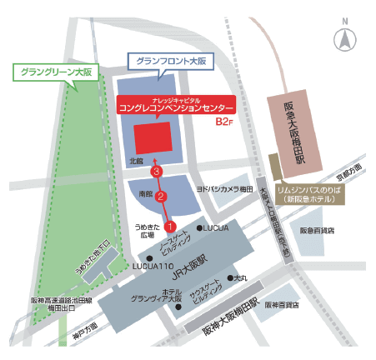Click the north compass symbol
(343, 37)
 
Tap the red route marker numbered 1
(169, 225)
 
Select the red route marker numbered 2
(163, 197)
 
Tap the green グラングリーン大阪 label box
(54, 72)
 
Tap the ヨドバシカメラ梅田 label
(223, 190)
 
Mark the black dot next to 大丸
(231, 278)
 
